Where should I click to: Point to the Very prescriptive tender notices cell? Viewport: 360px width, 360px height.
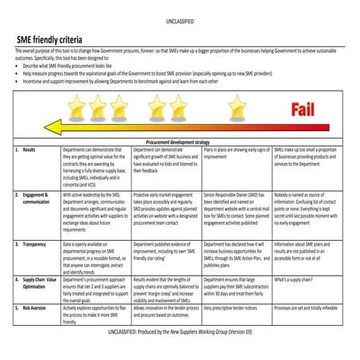[234, 307]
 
